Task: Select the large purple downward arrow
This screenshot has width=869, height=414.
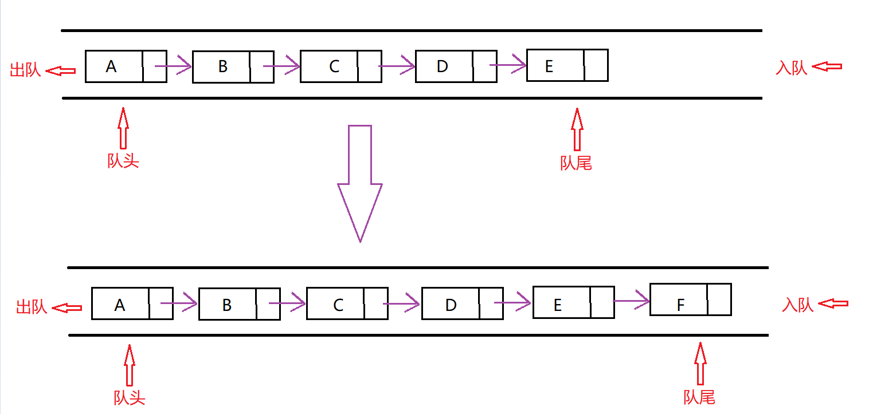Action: tap(360, 183)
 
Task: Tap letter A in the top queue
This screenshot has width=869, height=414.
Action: tap(111, 66)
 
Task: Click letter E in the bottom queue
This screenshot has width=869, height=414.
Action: tap(558, 305)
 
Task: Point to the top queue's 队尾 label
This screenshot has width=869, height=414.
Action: tap(576, 164)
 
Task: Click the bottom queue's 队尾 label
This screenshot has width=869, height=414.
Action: tap(699, 397)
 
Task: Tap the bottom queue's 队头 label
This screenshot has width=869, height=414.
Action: tap(130, 397)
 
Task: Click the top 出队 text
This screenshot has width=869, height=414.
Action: tap(26, 70)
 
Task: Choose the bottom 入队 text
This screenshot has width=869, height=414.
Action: tap(798, 305)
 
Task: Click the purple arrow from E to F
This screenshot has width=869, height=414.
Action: tap(631, 300)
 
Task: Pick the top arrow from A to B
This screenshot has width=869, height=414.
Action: tap(173, 66)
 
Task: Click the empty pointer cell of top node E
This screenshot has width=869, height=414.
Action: tap(596, 65)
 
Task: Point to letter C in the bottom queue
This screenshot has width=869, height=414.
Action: tap(338, 305)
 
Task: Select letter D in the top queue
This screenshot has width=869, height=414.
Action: tap(442, 66)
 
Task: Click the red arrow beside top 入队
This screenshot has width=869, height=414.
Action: tap(827, 66)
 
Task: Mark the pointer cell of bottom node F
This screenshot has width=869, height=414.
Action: tap(719, 299)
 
